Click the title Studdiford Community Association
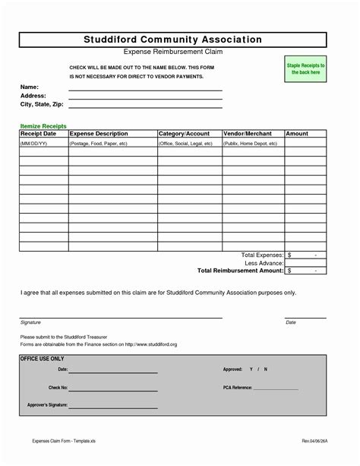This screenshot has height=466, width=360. [x=174, y=40]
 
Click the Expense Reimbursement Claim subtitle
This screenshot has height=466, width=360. [x=174, y=54]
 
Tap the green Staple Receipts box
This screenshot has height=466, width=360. [x=305, y=70]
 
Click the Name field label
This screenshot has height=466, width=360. [x=29, y=87]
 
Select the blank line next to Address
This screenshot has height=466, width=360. [x=145, y=97]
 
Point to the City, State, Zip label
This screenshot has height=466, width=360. [x=41, y=104]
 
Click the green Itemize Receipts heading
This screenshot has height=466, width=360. [x=43, y=125]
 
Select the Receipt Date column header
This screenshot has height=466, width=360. [x=38, y=134]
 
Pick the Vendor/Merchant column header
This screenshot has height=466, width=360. [x=248, y=134]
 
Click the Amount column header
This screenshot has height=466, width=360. [x=297, y=134]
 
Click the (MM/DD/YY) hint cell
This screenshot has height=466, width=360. [x=34, y=143]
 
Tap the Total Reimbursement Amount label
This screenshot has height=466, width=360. [x=240, y=270]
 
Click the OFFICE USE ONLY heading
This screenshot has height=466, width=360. [x=43, y=358]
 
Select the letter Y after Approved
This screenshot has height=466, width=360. [x=250, y=369]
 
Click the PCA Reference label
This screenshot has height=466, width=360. [x=237, y=387]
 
